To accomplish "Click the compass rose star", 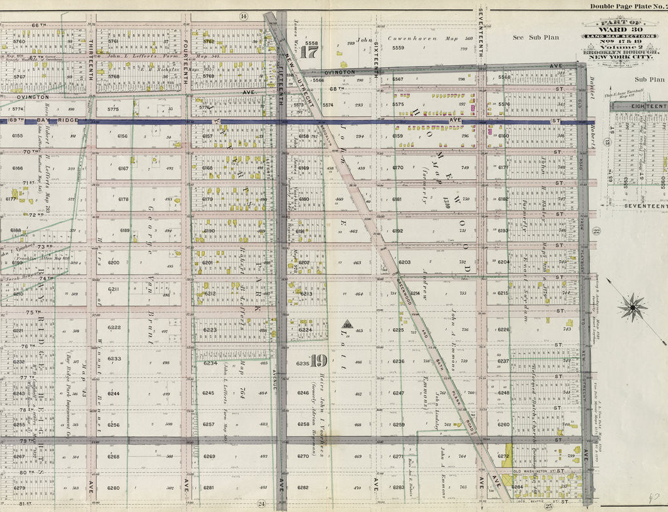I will tap(632, 307).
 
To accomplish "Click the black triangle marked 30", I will tap(348, 324).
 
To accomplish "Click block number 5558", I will tap(311, 43).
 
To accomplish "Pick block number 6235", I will tap(302, 363).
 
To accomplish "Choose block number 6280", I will tap(114, 488).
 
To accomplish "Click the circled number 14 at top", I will tap(244, 16).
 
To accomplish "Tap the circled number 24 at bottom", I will tap(261, 504).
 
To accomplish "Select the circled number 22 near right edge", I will tap(595, 230).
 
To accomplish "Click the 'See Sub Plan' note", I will tap(536, 38).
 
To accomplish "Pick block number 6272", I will tap(503, 457).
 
